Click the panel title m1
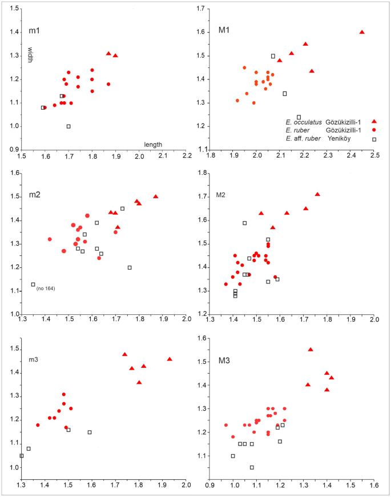[34, 29]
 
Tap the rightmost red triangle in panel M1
[362, 32]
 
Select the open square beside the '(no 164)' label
[33, 284]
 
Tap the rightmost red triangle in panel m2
[155, 197]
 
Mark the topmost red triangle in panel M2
[317, 194]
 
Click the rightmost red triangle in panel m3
[170, 359]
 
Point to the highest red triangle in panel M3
[311, 349]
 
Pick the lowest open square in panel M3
[252, 467]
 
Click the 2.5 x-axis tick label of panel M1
[374, 155]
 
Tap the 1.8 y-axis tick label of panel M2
[203, 173]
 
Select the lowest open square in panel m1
[68, 126]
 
